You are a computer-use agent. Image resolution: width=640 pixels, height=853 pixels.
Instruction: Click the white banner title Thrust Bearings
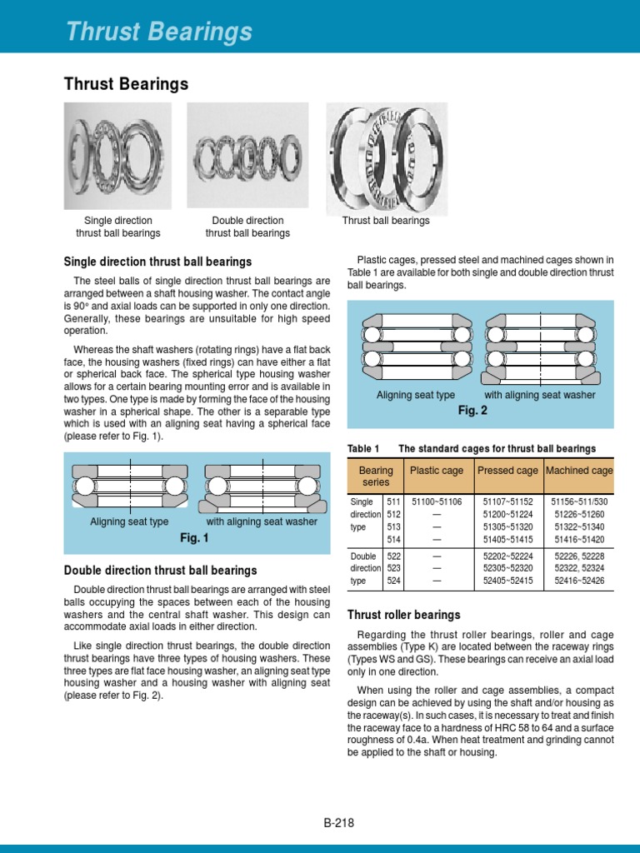point(159,32)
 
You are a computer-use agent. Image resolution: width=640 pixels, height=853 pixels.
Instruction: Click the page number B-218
point(339,823)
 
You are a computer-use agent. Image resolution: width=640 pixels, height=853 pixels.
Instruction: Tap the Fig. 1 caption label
point(194,538)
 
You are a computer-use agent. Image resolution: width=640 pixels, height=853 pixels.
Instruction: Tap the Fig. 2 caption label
point(472,411)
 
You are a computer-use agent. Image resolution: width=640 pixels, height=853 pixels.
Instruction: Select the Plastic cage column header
point(437,471)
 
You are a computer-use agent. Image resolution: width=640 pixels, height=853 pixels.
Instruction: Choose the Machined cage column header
point(579,471)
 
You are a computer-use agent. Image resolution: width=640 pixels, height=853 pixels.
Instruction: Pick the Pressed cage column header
point(507,471)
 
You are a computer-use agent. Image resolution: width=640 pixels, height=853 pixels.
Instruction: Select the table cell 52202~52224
point(507,556)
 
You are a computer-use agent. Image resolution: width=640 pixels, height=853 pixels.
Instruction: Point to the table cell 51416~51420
point(579,539)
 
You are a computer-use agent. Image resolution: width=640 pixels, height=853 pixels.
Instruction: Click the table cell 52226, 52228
point(579,556)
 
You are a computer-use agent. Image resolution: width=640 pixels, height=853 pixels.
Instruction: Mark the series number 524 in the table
point(394,581)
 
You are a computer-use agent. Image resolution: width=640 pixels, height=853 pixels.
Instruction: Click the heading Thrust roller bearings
point(403,615)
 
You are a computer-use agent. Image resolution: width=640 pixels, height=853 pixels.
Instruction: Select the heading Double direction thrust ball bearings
point(161,571)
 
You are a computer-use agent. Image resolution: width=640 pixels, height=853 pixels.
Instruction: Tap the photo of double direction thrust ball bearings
point(247,156)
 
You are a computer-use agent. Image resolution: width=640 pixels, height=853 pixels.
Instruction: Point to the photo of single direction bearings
point(117,156)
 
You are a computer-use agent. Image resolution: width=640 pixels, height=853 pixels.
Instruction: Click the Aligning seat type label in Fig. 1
point(129,522)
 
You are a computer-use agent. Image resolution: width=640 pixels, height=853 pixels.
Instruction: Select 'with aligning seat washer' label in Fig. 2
point(540,395)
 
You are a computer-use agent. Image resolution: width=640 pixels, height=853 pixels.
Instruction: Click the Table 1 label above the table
point(362,449)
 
